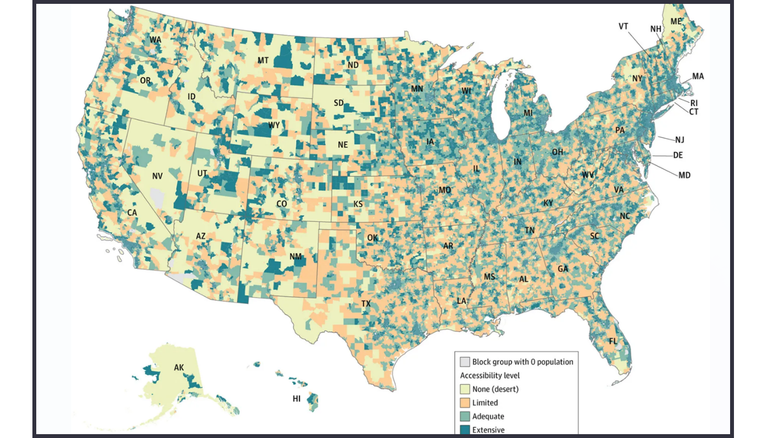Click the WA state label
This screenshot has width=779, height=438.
pos(155,40)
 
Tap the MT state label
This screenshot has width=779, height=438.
pos(263,60)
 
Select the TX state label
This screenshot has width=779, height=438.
pos(366,304)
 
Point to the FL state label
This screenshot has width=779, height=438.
pos(613,341)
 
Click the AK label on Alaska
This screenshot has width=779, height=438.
pos(179,367)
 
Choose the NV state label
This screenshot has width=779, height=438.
pos(157,176)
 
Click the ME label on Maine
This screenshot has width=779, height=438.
pos(676,21)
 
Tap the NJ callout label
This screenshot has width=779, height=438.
pos(680,139)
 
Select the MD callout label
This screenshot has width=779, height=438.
pos(684,175)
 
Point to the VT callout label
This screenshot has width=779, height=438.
pos(624,26)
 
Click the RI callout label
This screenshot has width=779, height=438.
pos(694,103)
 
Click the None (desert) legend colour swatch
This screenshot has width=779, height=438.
pos(465,389)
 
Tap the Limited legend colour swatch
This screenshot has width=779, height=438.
pos(465,403)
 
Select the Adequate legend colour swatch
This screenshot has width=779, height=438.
pos(465,417)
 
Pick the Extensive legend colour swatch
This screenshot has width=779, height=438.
pos(465,430)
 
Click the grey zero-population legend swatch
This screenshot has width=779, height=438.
pos(465,362)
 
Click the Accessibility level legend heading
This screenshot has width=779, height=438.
pos(489,376)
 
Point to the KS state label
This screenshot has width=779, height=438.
pos(358,204)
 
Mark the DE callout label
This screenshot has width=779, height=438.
pos(678,155)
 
